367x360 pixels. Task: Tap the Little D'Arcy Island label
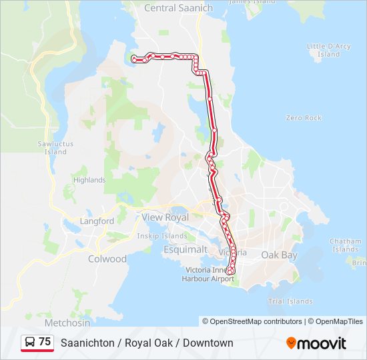pyautogui.click(x=328, y=50)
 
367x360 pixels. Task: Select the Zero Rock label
pyautogui.click(x=304, y=118)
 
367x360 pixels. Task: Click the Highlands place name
pyautogui.click(x=89, y=180)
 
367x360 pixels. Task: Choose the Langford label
pyautogui.click(x=97, y=221)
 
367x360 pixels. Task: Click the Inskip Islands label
pyautogui.click(x=161, y=235)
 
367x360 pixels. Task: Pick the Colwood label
pyautogui.click(x=107, y=259)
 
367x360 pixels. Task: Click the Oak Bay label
pyautogui.click(x=279, y=255)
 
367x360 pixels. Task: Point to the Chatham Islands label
pyautogui.click(x=345, y=245)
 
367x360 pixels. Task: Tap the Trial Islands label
pyautogui.click(x=290, y=301)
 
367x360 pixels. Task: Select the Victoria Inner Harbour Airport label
pyautogui.click(x=208, y=274)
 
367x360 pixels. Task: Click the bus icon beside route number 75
pyautogui.click(x=30, y=342)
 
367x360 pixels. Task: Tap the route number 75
pyautogui.click(x=45, y=342)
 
